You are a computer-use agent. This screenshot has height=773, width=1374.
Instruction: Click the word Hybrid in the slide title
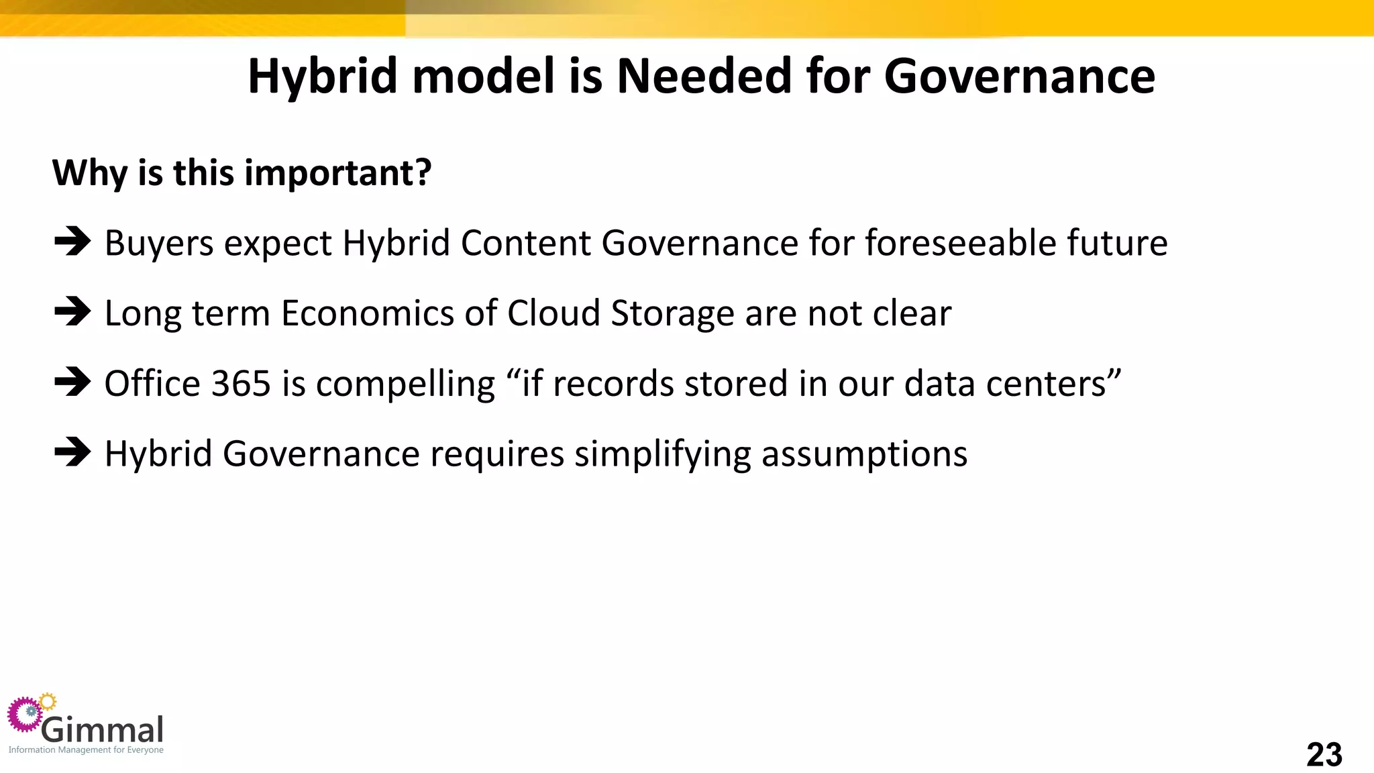tap(323, 76)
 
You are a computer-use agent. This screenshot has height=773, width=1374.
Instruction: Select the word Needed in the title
tap(704, 76)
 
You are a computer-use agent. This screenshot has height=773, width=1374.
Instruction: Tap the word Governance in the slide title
tap(1019, 76)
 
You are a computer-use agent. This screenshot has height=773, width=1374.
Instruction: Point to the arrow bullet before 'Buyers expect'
tap(72, 242)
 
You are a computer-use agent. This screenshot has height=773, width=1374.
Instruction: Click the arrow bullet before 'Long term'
tap(72, 312)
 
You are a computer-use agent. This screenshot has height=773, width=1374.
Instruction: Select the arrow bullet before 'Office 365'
tap(72, 382)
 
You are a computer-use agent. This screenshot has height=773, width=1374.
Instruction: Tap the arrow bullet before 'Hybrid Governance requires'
tap(72, 453)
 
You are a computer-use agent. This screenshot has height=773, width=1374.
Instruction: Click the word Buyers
tap(159, 243)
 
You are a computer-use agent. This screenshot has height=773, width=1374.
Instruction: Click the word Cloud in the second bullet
tap(553, 313)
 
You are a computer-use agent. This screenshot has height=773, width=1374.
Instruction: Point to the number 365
tap(241, 384)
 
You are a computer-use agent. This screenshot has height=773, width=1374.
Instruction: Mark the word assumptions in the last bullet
tap(864, 454)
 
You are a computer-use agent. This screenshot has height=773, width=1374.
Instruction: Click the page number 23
tap(1324, 755)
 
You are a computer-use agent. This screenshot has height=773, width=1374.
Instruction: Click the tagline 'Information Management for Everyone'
tap(86, 750)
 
